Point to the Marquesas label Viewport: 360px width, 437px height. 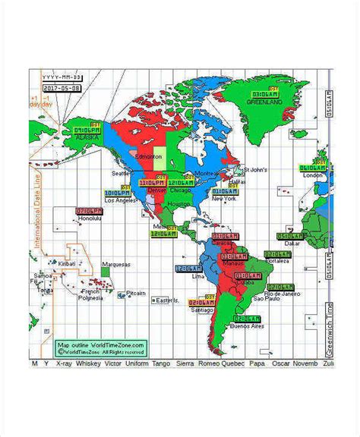pyautogui.click(x=115, y=264)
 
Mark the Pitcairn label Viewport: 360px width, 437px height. pyautogui.click(x=136, y=292)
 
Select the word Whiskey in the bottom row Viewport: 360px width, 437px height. pyautogui.click(x=87, y=363)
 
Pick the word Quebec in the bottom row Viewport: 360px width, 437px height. pyautogui.click(x=233, y=363)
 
